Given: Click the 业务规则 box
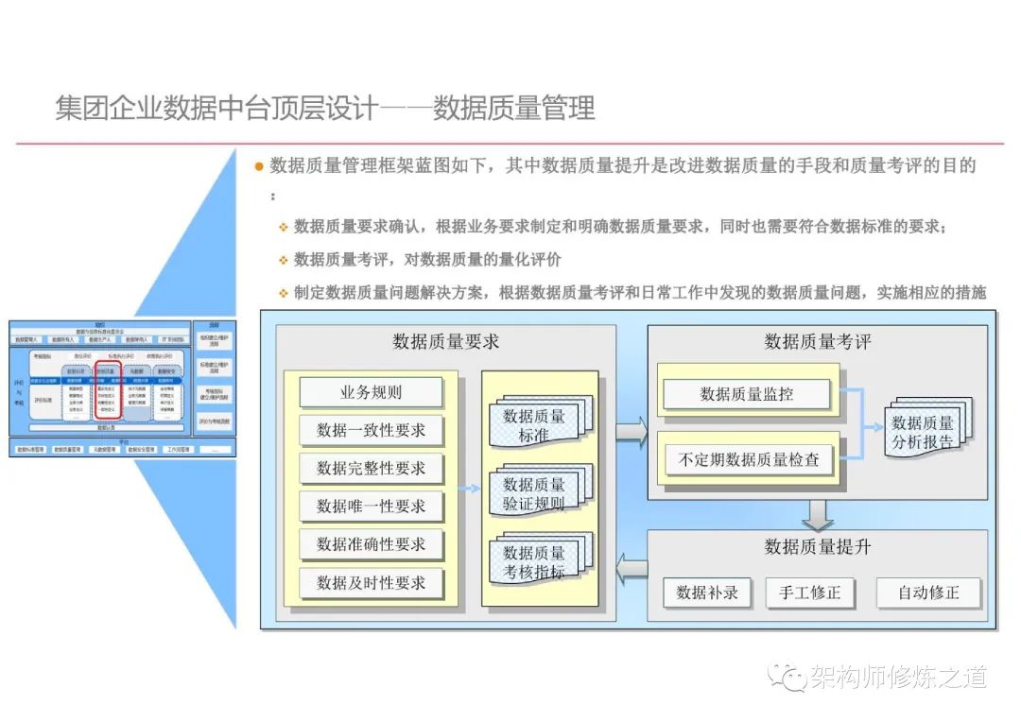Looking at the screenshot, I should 371,392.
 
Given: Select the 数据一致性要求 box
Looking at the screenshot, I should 371,430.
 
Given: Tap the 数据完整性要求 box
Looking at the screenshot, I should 371,468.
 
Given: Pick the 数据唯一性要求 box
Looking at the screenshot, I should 371,507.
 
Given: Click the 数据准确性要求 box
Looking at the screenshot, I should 371,544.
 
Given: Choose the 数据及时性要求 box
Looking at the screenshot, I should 371,583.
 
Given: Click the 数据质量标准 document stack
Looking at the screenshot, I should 536,424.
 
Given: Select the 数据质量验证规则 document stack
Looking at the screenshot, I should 536,493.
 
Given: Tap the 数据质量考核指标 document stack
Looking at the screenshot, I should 536,562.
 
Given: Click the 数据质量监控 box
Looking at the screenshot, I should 747,394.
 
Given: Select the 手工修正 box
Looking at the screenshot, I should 809,593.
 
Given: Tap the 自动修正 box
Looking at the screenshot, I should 928,593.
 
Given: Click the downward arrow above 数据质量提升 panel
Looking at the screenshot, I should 818,514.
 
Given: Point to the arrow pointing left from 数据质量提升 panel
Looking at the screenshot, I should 632,568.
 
